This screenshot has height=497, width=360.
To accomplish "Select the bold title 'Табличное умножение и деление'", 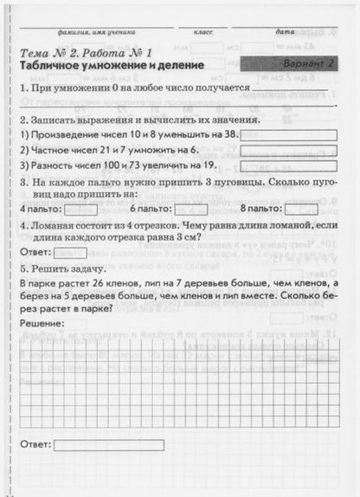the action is (112, 67).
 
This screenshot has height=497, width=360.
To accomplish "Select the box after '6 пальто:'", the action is (190, 209).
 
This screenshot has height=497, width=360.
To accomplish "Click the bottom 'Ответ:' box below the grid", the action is (102, 445).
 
